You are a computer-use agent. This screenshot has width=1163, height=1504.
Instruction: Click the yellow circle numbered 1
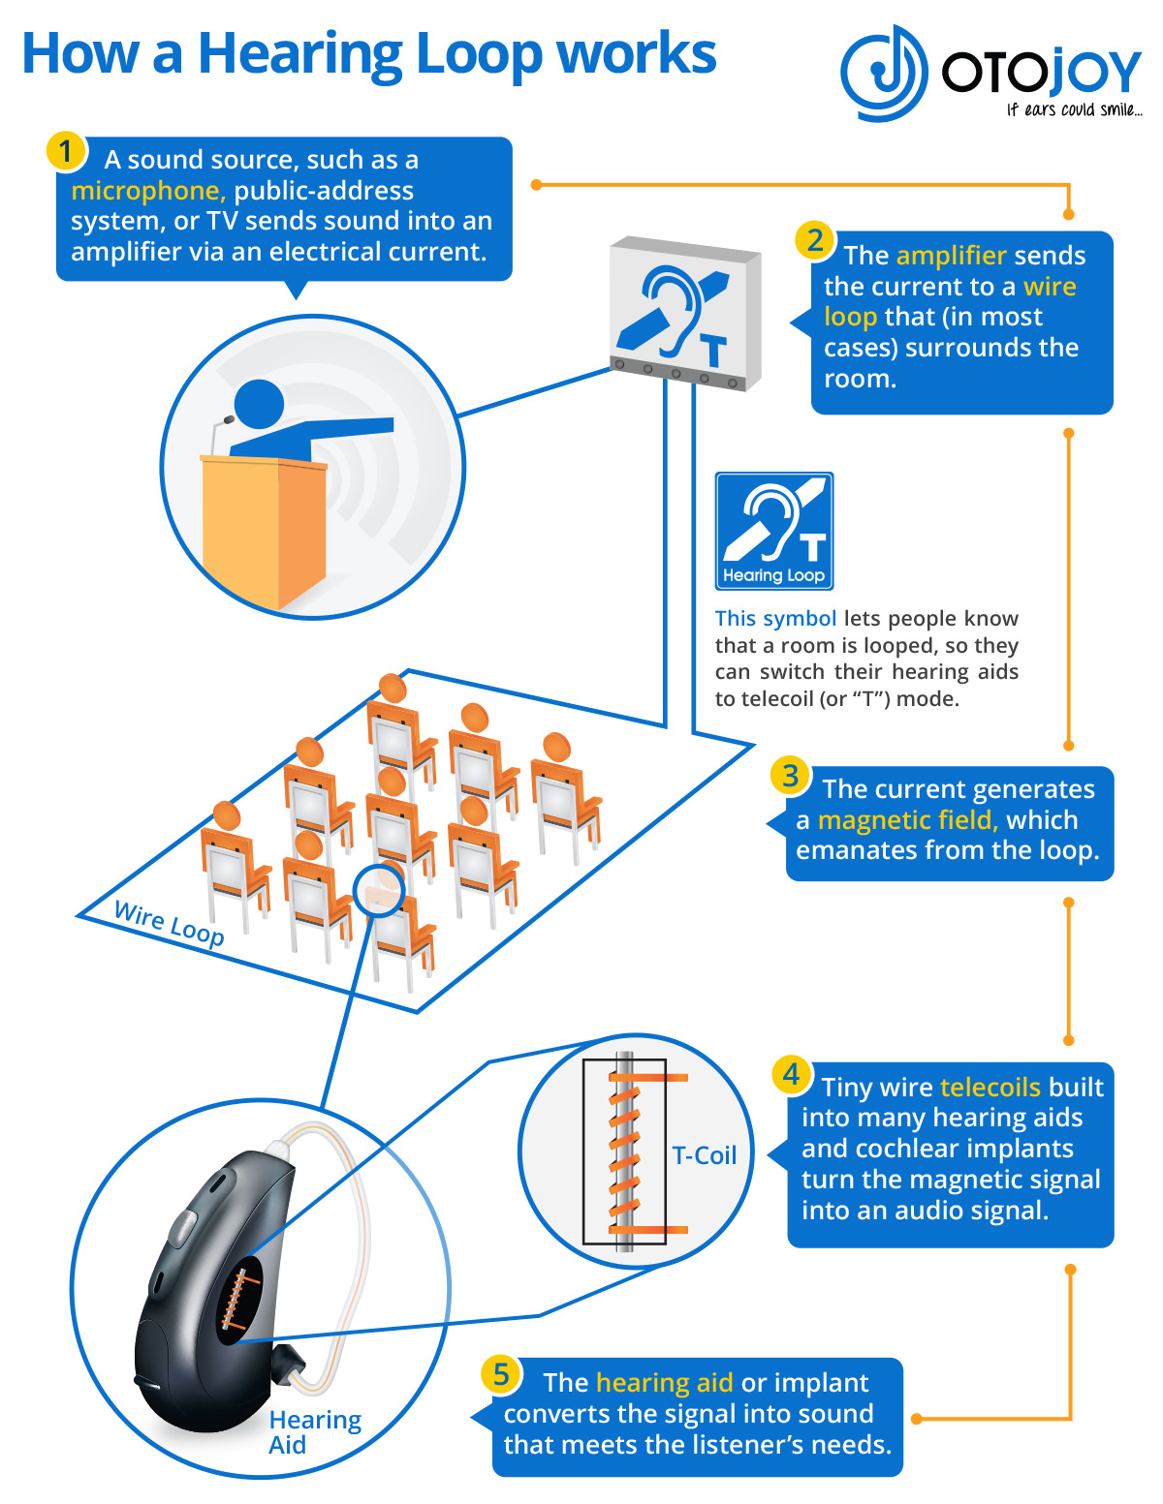point(66,151)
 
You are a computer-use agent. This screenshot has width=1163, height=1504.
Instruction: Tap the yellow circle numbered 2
point(815,240)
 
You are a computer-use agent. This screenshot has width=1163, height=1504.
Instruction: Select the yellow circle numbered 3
point(791,775)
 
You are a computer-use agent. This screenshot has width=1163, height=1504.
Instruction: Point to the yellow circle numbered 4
point(791,1073)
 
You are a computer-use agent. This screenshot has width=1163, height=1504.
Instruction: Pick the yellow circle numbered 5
point(500,1374)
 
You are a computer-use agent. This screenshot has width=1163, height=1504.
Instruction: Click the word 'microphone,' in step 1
point(148,191)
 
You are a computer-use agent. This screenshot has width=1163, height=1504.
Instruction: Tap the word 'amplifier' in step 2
point(951,256)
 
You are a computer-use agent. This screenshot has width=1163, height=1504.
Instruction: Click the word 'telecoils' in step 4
point(990,1087)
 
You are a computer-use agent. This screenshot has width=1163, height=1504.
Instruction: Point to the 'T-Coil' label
point(705,1155)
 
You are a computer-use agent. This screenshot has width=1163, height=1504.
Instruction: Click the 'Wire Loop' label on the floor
point(169,923)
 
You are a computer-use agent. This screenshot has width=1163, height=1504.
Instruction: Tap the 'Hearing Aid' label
point(314,1431)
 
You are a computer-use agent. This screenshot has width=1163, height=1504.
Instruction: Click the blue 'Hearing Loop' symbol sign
point(774,531)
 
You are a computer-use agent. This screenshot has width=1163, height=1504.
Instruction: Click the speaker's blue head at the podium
point(259,404)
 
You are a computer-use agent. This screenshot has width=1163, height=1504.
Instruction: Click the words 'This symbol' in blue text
point(775,619)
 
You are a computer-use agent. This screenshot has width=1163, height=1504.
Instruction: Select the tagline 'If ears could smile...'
point(1074,110)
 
